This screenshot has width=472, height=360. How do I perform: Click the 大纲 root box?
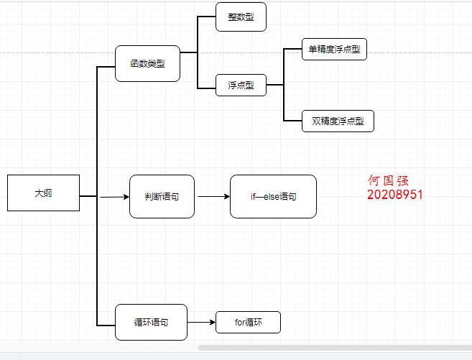pos(43,193)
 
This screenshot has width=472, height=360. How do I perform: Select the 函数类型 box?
pos(147,64)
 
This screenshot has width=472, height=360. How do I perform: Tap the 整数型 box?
pos(241,17)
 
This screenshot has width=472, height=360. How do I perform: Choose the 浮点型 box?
pos(241,86)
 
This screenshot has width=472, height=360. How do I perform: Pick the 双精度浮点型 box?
pos(338,121)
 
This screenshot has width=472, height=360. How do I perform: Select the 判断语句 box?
pos(162,196)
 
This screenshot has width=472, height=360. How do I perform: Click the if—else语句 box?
pos(273,196)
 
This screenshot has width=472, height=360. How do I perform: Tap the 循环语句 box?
pos(151,323)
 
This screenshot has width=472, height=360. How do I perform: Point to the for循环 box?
pos(248,322)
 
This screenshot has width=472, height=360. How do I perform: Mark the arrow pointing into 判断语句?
pos(113,196)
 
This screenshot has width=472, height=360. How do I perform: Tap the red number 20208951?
pos(394,195)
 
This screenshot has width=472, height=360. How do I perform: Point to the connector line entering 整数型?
pos(207,17)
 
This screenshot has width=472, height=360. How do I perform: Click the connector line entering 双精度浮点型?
pos(293,121)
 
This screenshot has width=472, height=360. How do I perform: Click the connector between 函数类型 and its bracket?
pos(188,52)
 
